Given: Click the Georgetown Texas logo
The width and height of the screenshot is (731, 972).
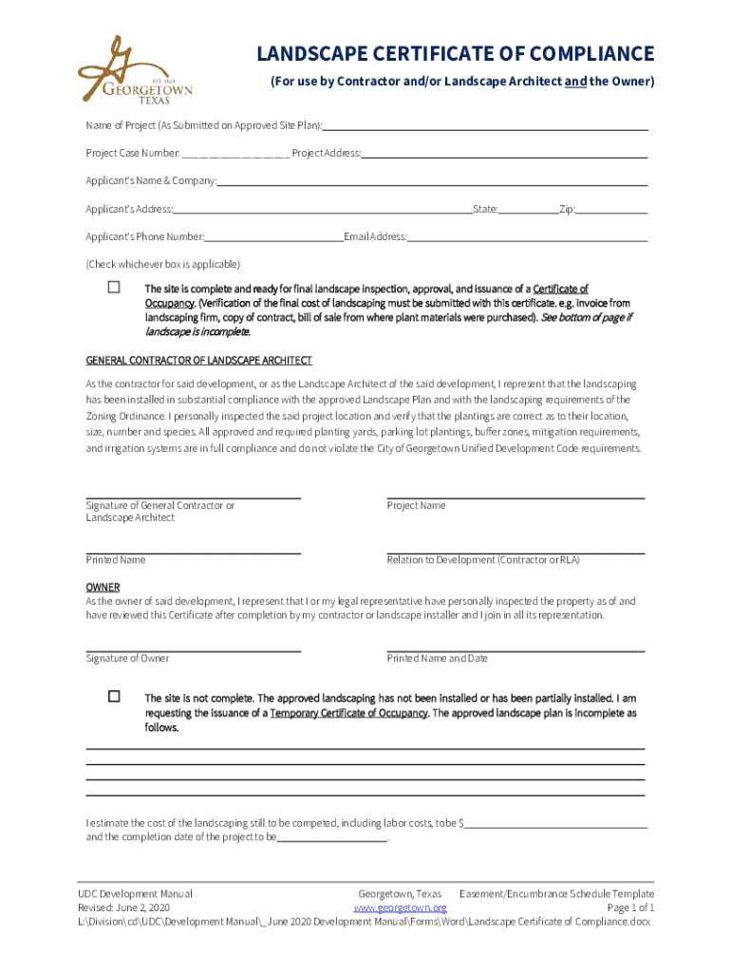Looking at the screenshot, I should pos(134,72).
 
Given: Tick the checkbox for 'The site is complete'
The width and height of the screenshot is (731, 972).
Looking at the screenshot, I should pos(114,287).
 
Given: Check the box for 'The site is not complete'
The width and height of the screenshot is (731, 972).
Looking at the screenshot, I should pos(114,696).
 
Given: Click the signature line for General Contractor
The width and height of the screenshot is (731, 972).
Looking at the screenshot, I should pos(194,495).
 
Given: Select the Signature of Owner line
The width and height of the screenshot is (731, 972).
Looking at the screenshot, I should pos(194,650).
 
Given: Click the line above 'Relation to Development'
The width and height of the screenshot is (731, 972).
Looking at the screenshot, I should pos(515,551).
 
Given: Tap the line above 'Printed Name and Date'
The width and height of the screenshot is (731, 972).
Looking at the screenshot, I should pos(515,650).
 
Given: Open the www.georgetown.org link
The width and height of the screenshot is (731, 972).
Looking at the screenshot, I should pos(400,907).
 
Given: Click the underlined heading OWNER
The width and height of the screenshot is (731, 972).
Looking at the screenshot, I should pos(103,588).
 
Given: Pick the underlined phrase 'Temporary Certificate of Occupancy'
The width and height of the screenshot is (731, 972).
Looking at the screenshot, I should pos(348,713).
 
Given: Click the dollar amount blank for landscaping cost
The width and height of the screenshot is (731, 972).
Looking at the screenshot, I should pos(556,822).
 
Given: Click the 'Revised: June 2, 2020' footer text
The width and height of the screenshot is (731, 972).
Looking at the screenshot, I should pos(123,907).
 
